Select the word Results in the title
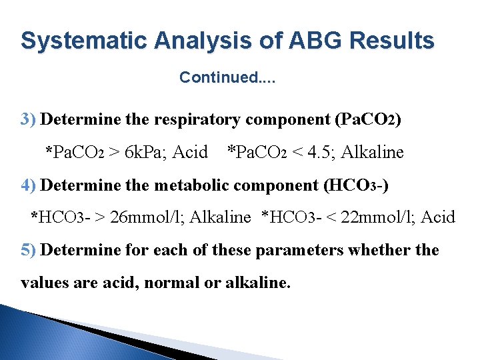(x=392, y=41)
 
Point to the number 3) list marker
(x=29, y=120)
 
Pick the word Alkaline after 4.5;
(x=373, y=153)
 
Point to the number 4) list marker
(x=29, y=185)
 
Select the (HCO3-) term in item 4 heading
(x=355, y=185)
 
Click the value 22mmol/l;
(x=380, y=217)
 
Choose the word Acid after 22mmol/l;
(x=440, y=217)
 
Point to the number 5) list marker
(x=29, y=250)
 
